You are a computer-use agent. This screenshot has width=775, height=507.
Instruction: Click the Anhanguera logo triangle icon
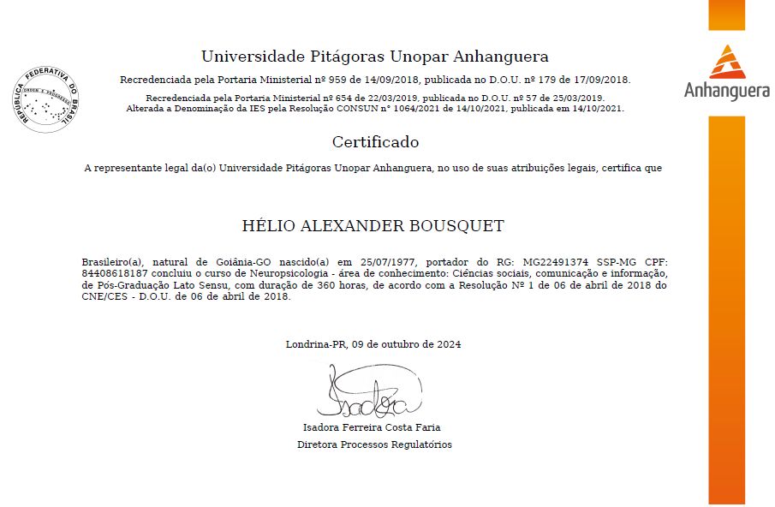coord(726,62)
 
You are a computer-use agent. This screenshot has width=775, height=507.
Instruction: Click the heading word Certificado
coord(375,142)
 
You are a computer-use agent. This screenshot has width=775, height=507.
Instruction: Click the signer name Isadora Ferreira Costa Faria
coord(373,426)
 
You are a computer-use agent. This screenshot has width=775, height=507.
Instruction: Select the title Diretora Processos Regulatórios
coord(374,444)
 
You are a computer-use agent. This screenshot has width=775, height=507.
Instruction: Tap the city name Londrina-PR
coord(313,344)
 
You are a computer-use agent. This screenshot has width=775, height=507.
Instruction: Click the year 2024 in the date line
coord(448,344)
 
